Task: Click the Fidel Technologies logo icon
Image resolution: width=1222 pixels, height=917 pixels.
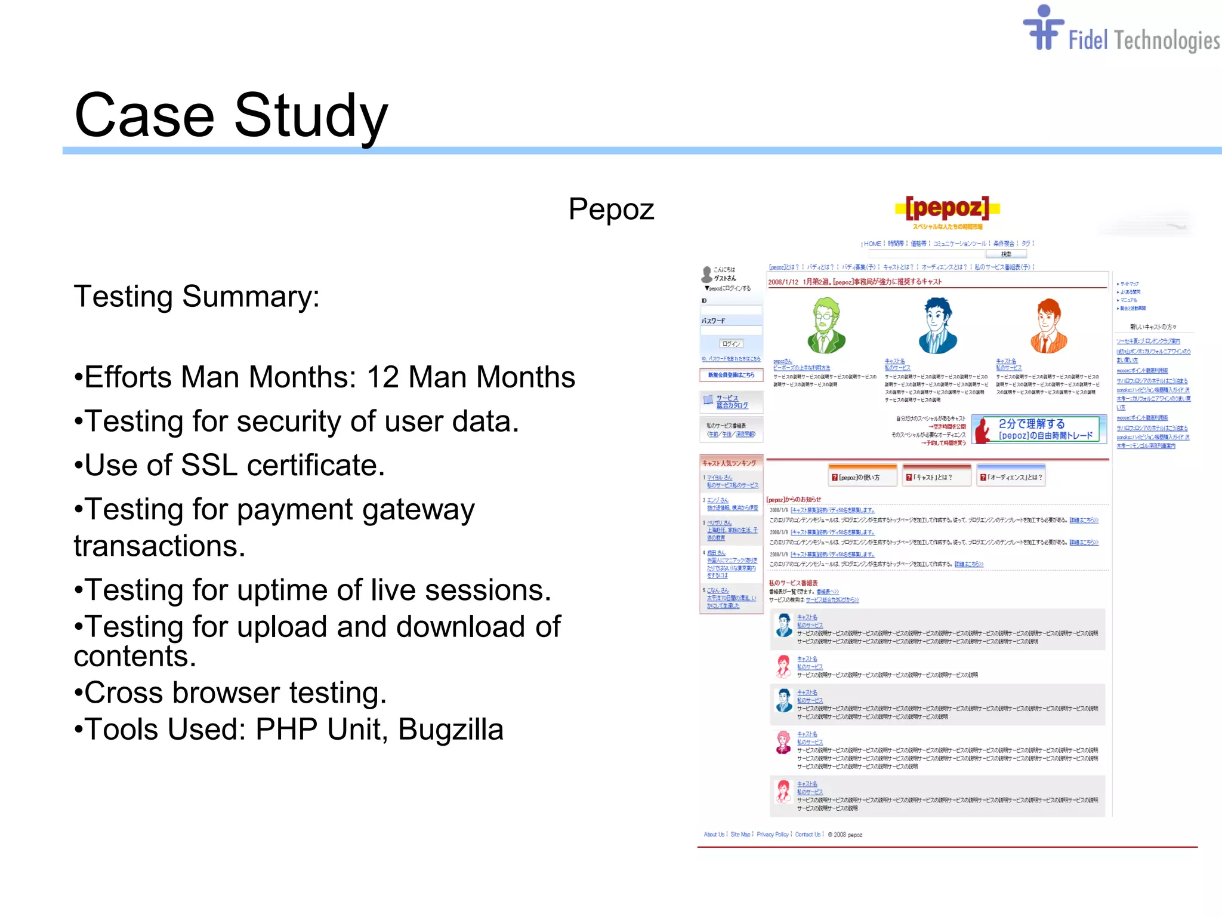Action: (1043, 29)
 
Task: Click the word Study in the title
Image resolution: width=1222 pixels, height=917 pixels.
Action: (311, 116)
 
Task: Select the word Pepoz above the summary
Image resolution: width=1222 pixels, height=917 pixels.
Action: (611, 210)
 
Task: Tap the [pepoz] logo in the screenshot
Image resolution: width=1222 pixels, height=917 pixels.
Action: (947, 208)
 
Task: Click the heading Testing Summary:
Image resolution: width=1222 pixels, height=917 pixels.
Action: (196, 297)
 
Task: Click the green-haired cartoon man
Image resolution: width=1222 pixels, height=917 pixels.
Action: (826, 326)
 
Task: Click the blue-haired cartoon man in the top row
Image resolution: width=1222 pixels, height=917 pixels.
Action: (937, 326)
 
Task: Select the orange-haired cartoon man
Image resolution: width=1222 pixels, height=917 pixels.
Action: (1048, 326)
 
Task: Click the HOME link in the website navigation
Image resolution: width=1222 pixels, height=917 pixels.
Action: (872, 244)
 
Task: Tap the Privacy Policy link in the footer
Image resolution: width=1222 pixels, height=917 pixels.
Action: (772, 835)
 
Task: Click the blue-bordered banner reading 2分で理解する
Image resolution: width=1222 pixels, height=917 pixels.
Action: (1039, 429)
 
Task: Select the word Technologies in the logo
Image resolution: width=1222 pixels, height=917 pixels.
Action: (1167, 41)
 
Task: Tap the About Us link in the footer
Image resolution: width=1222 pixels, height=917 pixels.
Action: (714, 835)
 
